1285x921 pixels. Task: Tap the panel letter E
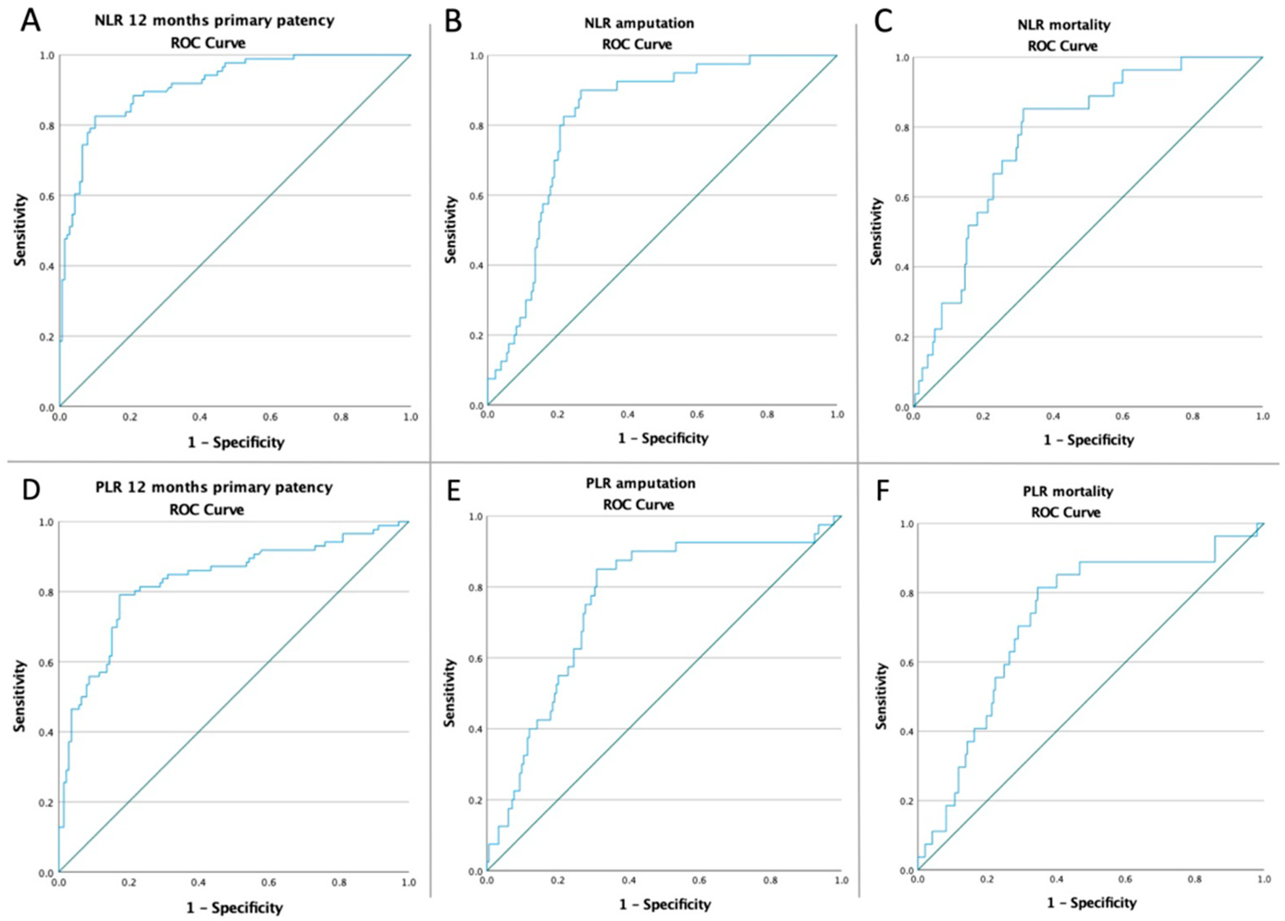453,491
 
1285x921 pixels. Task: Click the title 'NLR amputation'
639,24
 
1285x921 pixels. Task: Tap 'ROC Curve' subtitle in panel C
1062,46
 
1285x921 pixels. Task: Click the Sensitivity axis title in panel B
451,230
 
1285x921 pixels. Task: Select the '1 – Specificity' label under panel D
234,908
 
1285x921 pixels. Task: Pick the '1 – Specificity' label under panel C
1089,440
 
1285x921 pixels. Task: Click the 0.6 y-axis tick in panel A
48,196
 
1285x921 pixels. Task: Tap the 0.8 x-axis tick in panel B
767,415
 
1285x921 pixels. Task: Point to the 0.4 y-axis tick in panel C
902,267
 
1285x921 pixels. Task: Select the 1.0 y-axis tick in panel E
476,517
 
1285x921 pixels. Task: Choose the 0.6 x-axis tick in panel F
1125,879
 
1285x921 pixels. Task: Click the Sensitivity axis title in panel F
880,696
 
